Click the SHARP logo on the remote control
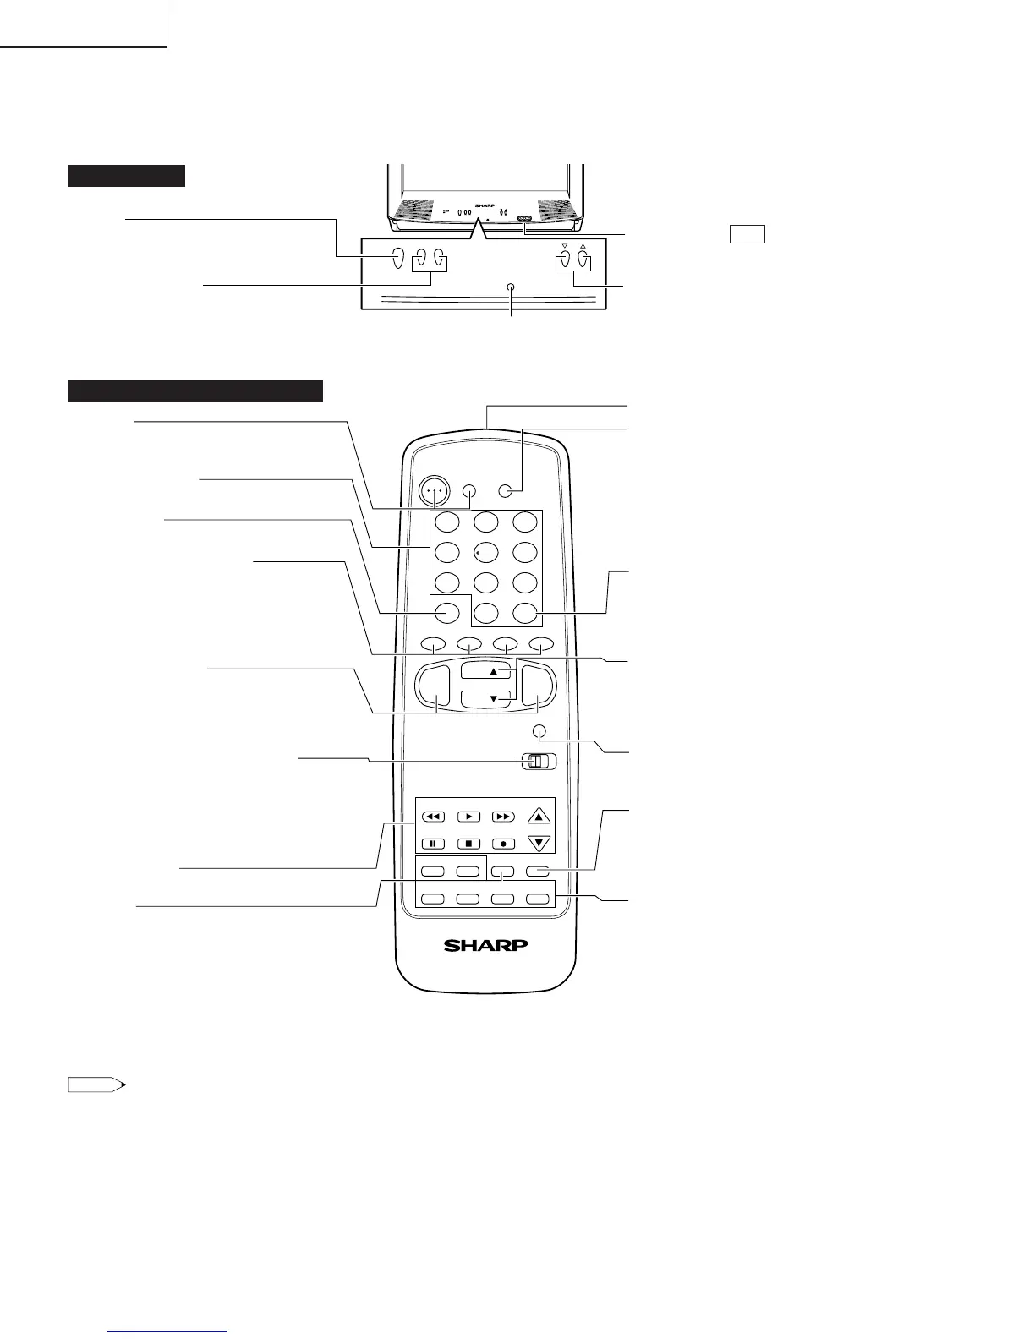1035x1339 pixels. (486, 945)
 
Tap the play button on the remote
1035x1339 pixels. (468, 817)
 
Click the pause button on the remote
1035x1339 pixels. (432, 843)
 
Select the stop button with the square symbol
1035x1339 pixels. (468, 843)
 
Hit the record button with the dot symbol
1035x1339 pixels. (503, 843)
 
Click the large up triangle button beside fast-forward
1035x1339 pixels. (539, 817)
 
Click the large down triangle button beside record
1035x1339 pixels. (539, 843)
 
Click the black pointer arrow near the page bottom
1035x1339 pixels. (98, 1085)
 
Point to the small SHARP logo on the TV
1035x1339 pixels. (483, 205)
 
